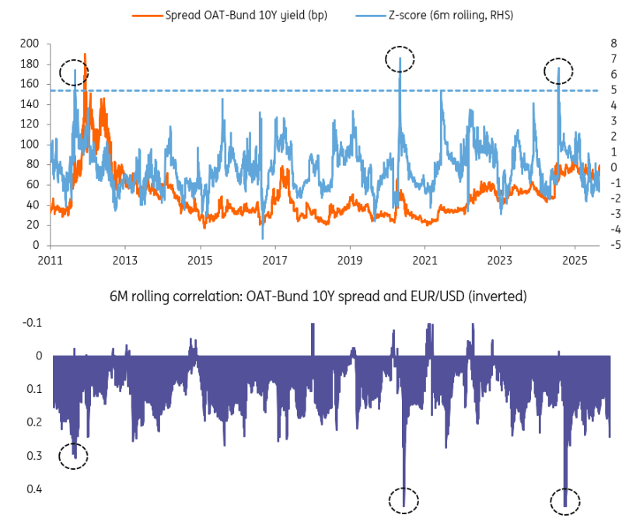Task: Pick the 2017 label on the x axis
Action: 274,260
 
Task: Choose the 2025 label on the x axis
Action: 574,260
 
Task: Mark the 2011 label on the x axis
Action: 50,260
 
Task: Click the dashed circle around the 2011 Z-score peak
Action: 74,72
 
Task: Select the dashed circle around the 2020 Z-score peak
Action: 400,58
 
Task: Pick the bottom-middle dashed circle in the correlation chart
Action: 404,499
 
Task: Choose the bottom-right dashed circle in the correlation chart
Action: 565,499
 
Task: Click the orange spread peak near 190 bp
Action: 85,55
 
